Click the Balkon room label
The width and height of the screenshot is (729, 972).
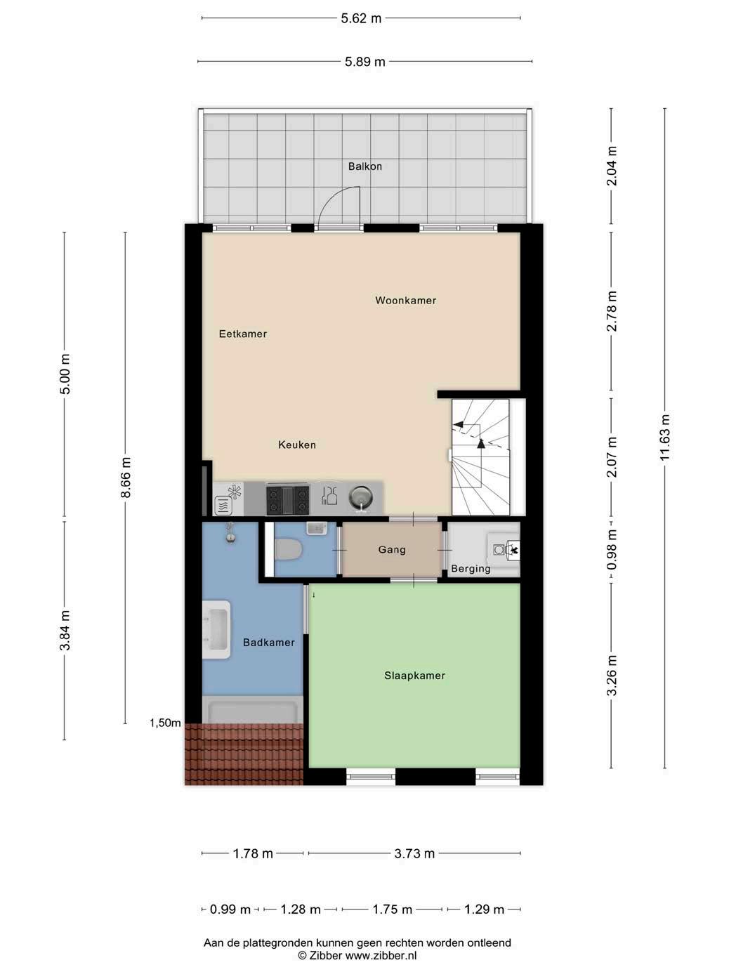[364, 166]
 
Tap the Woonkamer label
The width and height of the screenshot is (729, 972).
[405, 300]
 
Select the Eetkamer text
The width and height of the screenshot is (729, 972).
[242, 334]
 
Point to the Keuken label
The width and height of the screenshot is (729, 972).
[296, 445]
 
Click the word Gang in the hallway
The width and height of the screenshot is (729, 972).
[392, 549]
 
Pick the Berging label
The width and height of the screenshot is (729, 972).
[471, 569]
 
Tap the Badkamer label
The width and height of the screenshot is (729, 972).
[269, 642]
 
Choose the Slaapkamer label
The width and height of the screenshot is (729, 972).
[414, 676]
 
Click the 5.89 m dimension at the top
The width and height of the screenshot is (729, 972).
[364, 62]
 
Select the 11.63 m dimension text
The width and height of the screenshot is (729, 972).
[665, 438]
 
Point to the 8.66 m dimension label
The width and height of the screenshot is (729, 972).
[126, 478]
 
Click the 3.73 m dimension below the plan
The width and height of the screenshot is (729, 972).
[414, 853]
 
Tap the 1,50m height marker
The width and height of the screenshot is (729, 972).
[165, 723]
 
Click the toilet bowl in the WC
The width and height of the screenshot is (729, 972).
[288, 550]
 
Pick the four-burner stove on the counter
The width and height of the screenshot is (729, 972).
[287, 499]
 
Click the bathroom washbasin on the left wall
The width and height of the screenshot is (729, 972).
[216, 629]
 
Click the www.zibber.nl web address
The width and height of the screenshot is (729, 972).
[381, 957]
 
